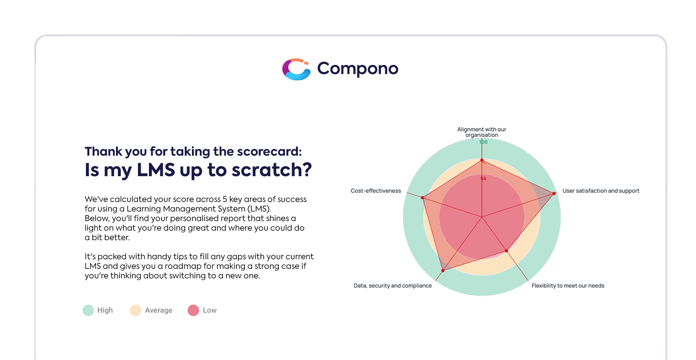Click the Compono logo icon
click(x=296, y=69)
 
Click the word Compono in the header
click(x=358, y=69)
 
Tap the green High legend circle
click(x=88, y=310)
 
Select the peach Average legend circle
click(x=136, y=310)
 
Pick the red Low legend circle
click(x=193, y=310)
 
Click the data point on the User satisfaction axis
click(x=554, y=193)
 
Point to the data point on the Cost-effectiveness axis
click(x=422, y=198)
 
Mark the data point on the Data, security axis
click(x=443, y=271)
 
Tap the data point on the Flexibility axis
click(x=506, y=251)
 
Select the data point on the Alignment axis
click(x=482, y=160)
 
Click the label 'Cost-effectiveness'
click(x=376, y=191)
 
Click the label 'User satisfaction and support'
click(x=601, y=191)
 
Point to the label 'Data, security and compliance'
click(x=393, y=286)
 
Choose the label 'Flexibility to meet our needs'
click(x=568, y=286)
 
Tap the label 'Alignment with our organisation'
click(x=482, y=132)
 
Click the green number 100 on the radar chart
click(x=483, y=142)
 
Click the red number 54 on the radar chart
click(x=483, y=179)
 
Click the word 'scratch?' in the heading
click(x=272, y=170)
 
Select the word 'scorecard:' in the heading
click(x=269, y=151)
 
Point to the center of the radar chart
click(x=482, y=217)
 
